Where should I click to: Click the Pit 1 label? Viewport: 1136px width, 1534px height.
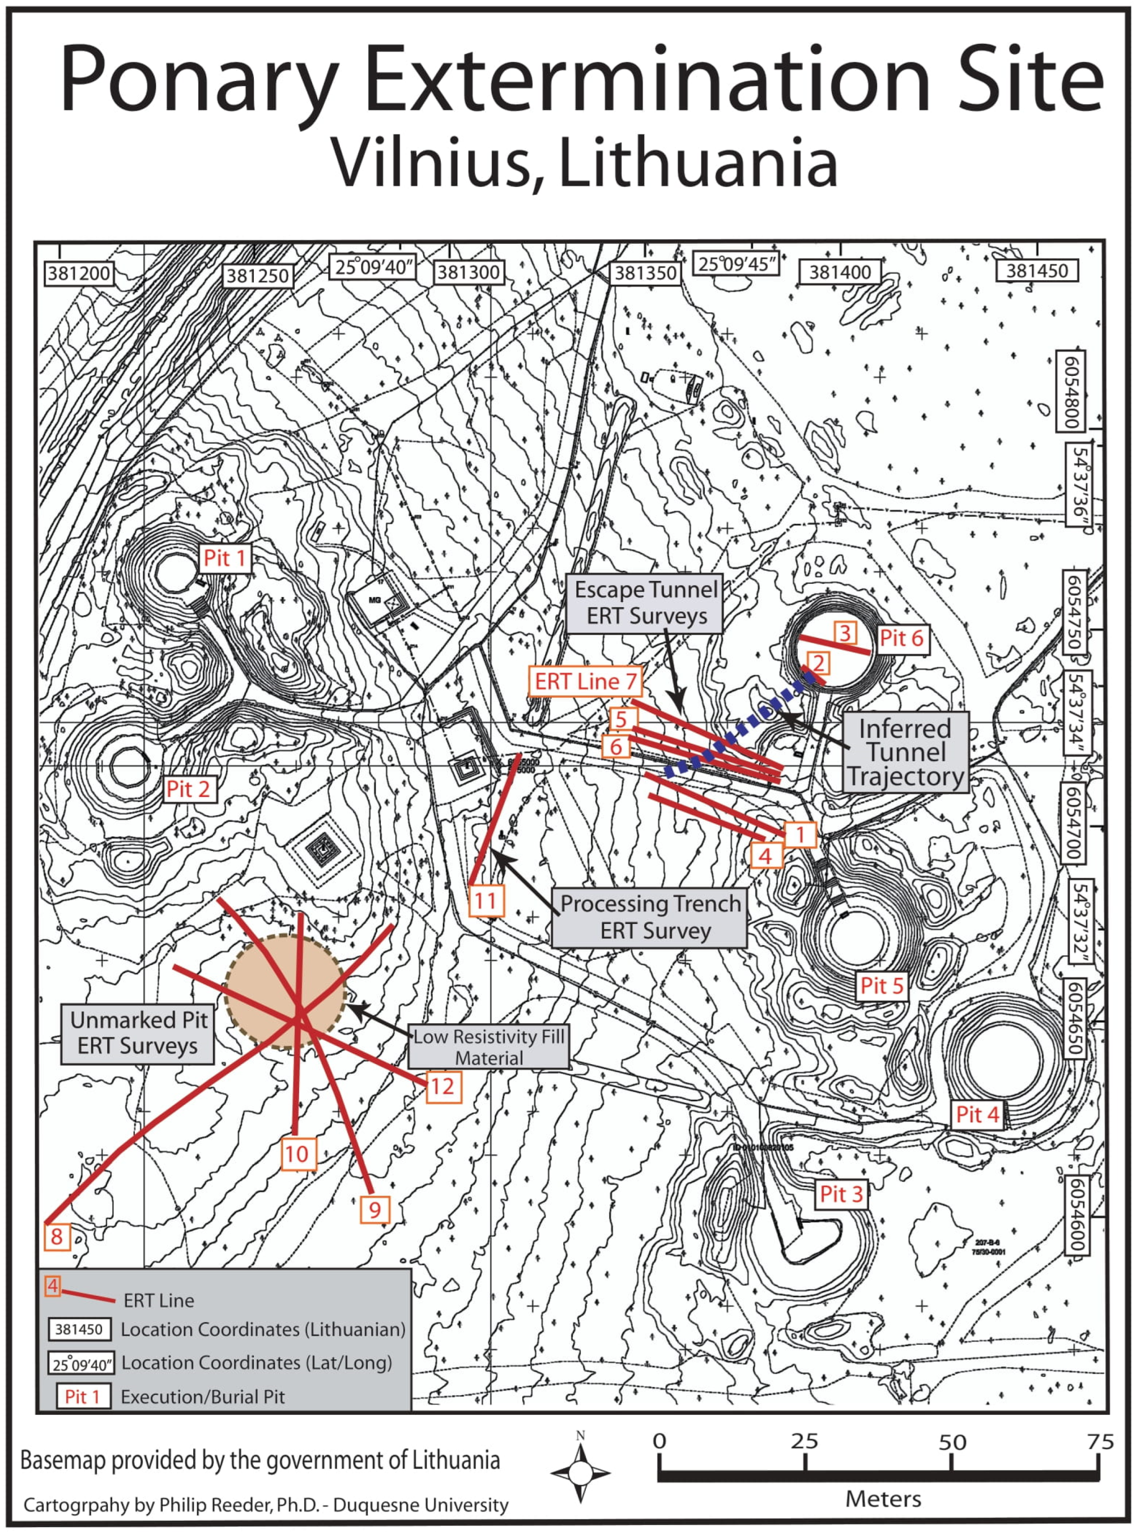tap(225, 558)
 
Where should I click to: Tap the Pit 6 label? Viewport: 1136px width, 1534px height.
tap(901, 638)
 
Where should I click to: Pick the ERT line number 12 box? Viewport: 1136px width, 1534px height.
tap(442, 1087)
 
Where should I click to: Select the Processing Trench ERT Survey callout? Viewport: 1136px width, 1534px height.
tap(649, 917)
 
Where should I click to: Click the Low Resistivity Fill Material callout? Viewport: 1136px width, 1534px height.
tap(489, 1047)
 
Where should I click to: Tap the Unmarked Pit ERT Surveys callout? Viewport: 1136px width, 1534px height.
tap(138, 1033)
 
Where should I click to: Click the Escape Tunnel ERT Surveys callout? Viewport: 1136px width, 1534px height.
tap(646, 603)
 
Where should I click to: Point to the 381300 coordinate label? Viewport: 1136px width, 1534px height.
tap(469, 273)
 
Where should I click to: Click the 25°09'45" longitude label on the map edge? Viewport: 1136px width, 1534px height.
tap(737, 264)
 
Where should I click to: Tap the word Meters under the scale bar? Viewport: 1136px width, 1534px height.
tap(883, 1498)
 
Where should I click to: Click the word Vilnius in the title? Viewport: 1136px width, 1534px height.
tap(435, 163)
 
